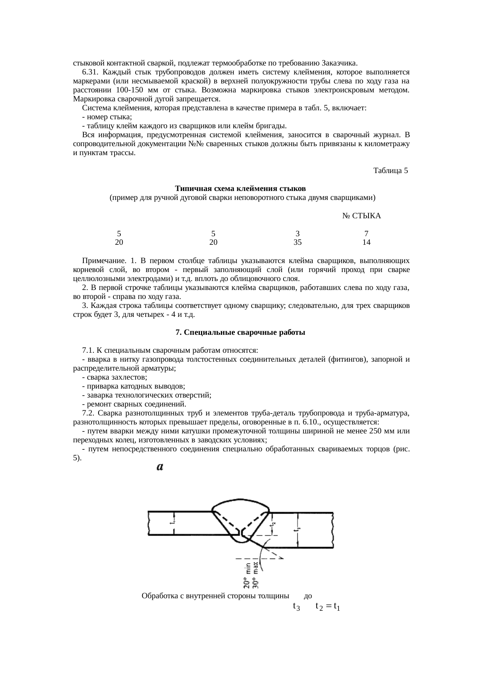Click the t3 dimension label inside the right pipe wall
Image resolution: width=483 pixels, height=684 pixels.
pos(298,529)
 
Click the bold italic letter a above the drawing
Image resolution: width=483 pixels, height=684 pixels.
pos(160,467)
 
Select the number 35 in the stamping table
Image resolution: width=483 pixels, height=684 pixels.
pos(298,242)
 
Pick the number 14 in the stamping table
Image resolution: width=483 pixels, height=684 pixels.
pos(366,242)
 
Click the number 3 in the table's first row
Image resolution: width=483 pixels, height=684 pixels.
pos(298,233)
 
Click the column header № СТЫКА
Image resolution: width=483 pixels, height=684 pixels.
pos(361,216)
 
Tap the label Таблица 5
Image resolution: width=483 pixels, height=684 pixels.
pos(390,171)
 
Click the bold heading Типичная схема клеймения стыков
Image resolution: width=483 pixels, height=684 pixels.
pos(240,189)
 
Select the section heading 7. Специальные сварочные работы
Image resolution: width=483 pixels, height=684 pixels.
pos(240,332)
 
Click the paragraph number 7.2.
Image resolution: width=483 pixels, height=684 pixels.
pos(88,413)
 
